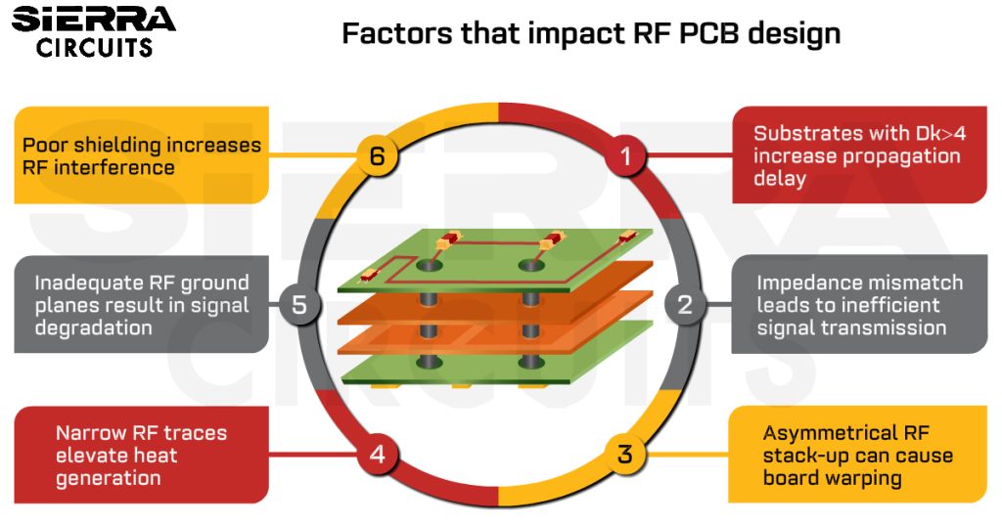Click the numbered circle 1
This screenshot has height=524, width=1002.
coord(627,156)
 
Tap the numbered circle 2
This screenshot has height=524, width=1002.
coord(685,304)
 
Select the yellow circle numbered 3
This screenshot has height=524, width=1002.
coord(625,455)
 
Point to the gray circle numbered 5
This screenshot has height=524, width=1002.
coord(299,304)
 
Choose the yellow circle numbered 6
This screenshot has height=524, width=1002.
coord(377,156)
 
